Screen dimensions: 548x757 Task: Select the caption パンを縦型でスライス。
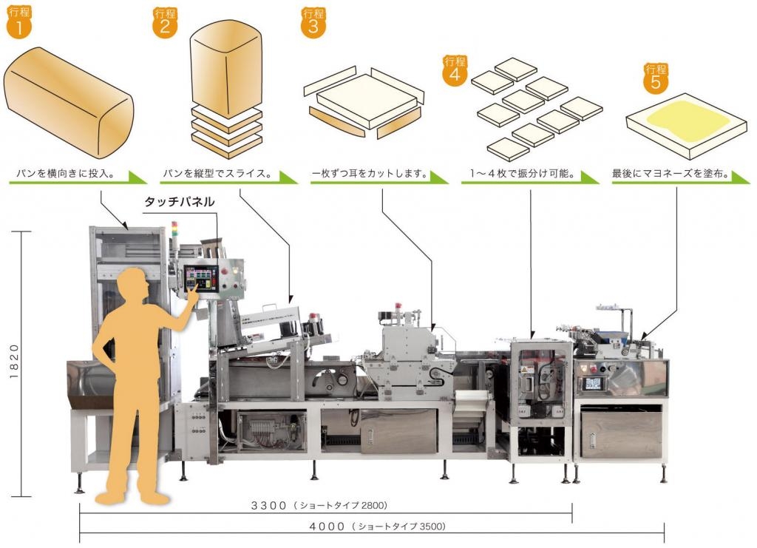click(x=217, y=175)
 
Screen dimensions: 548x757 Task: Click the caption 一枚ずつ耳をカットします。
click(x=370, y=175)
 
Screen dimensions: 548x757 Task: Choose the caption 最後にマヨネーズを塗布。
click(x=671, y=175)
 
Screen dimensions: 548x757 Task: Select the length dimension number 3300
click(x=268, y=506)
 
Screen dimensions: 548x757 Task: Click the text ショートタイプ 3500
click(x=398, y=527)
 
